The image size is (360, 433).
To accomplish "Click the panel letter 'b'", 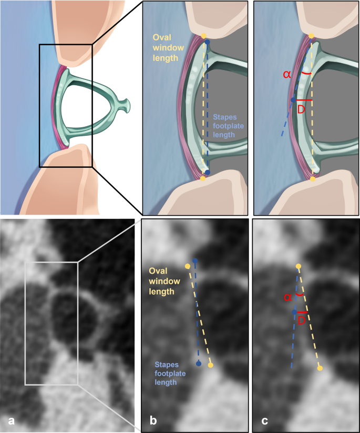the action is point(153,419).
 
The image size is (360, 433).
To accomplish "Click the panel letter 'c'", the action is point(264,419).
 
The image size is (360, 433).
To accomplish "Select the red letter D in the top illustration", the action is point(301,109).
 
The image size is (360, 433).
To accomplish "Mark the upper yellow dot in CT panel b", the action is point(188,266).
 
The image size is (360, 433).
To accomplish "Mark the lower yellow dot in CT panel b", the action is point(210,365).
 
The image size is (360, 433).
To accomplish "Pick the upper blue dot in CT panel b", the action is point(196,260).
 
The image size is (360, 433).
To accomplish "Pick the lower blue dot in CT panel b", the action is point(199,364).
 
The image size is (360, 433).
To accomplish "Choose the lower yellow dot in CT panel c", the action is point(320,368).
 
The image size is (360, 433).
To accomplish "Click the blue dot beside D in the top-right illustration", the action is point(293,100).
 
